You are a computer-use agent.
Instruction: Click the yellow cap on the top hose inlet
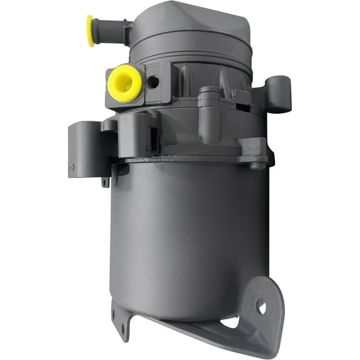pos(91,31)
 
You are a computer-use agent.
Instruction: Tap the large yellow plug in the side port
pos(124,82)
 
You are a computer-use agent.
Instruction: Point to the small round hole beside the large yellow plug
pos(152,81)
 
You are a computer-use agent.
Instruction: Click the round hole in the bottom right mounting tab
pos(261,307)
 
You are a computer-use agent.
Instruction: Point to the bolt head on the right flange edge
pos(257,166)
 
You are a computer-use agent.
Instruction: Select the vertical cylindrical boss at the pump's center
pos(209,116)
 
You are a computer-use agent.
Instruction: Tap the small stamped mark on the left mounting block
pos(74,167)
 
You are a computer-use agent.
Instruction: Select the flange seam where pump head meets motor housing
pos(187,159)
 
